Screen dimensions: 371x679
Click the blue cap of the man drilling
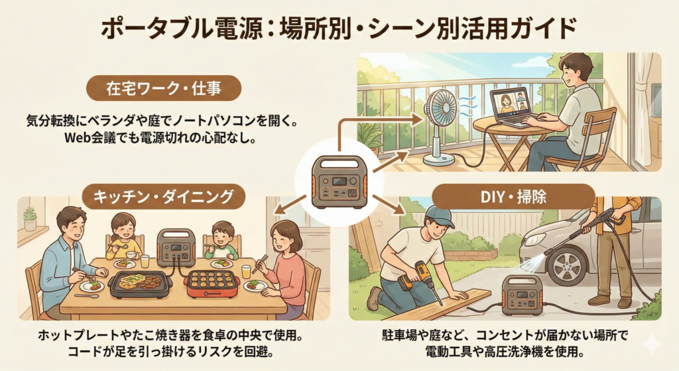[438, 215]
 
